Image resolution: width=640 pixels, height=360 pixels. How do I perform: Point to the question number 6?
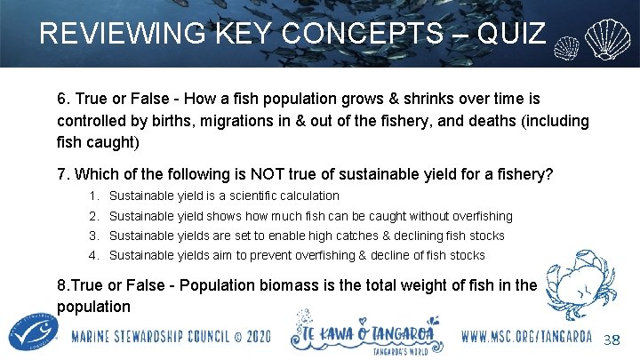(62, 98)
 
